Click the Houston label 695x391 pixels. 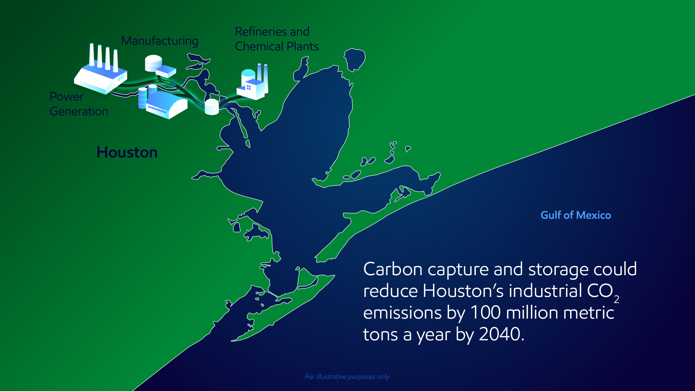127,152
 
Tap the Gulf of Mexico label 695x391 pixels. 576,215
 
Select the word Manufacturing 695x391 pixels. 160,41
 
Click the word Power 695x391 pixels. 66,97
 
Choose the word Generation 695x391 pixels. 79,112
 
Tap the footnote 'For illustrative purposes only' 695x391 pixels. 347,377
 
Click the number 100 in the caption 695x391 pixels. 485,312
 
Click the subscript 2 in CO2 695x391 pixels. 616,299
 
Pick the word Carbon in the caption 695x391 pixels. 393,269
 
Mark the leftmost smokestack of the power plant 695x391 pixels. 92,55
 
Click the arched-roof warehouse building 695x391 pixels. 167,105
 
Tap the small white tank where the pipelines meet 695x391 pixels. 212,107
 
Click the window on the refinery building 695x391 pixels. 249,88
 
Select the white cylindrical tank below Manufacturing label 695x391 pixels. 153,63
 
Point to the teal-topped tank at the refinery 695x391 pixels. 248,76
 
